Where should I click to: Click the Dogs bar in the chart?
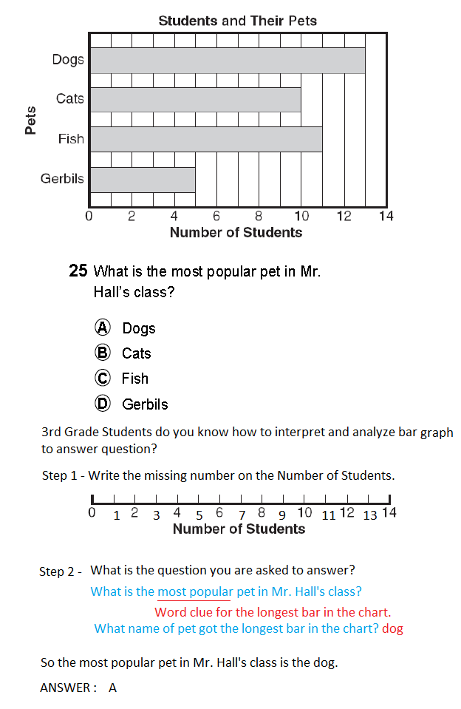tap(228, 61)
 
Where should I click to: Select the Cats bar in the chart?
tap(196, 100)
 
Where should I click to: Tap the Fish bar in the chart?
tap(206, 139)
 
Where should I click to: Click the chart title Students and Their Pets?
tap(237, 21)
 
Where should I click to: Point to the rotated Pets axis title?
tap(30, 121)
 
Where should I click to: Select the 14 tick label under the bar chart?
tap(386, 217)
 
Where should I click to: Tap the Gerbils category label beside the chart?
tap(62, 178)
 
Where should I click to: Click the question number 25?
tap(78, 271)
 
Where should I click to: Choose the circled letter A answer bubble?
tap(103, 328)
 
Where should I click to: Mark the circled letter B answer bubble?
tap(103, 353)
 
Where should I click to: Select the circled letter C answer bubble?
tap(103, 378)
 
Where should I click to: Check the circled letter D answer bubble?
tap(103, 404)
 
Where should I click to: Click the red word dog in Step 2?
tap(393, 628)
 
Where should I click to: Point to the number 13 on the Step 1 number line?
tap(371, 515)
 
